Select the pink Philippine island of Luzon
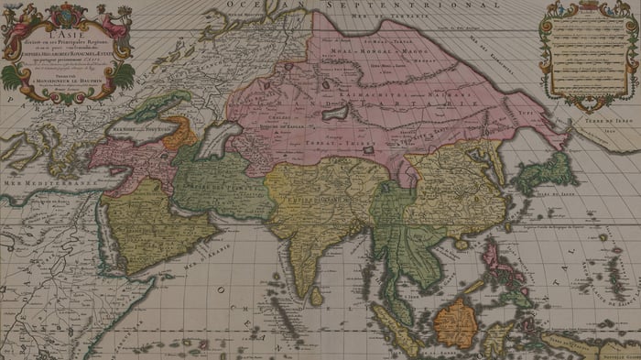coord(495,251)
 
